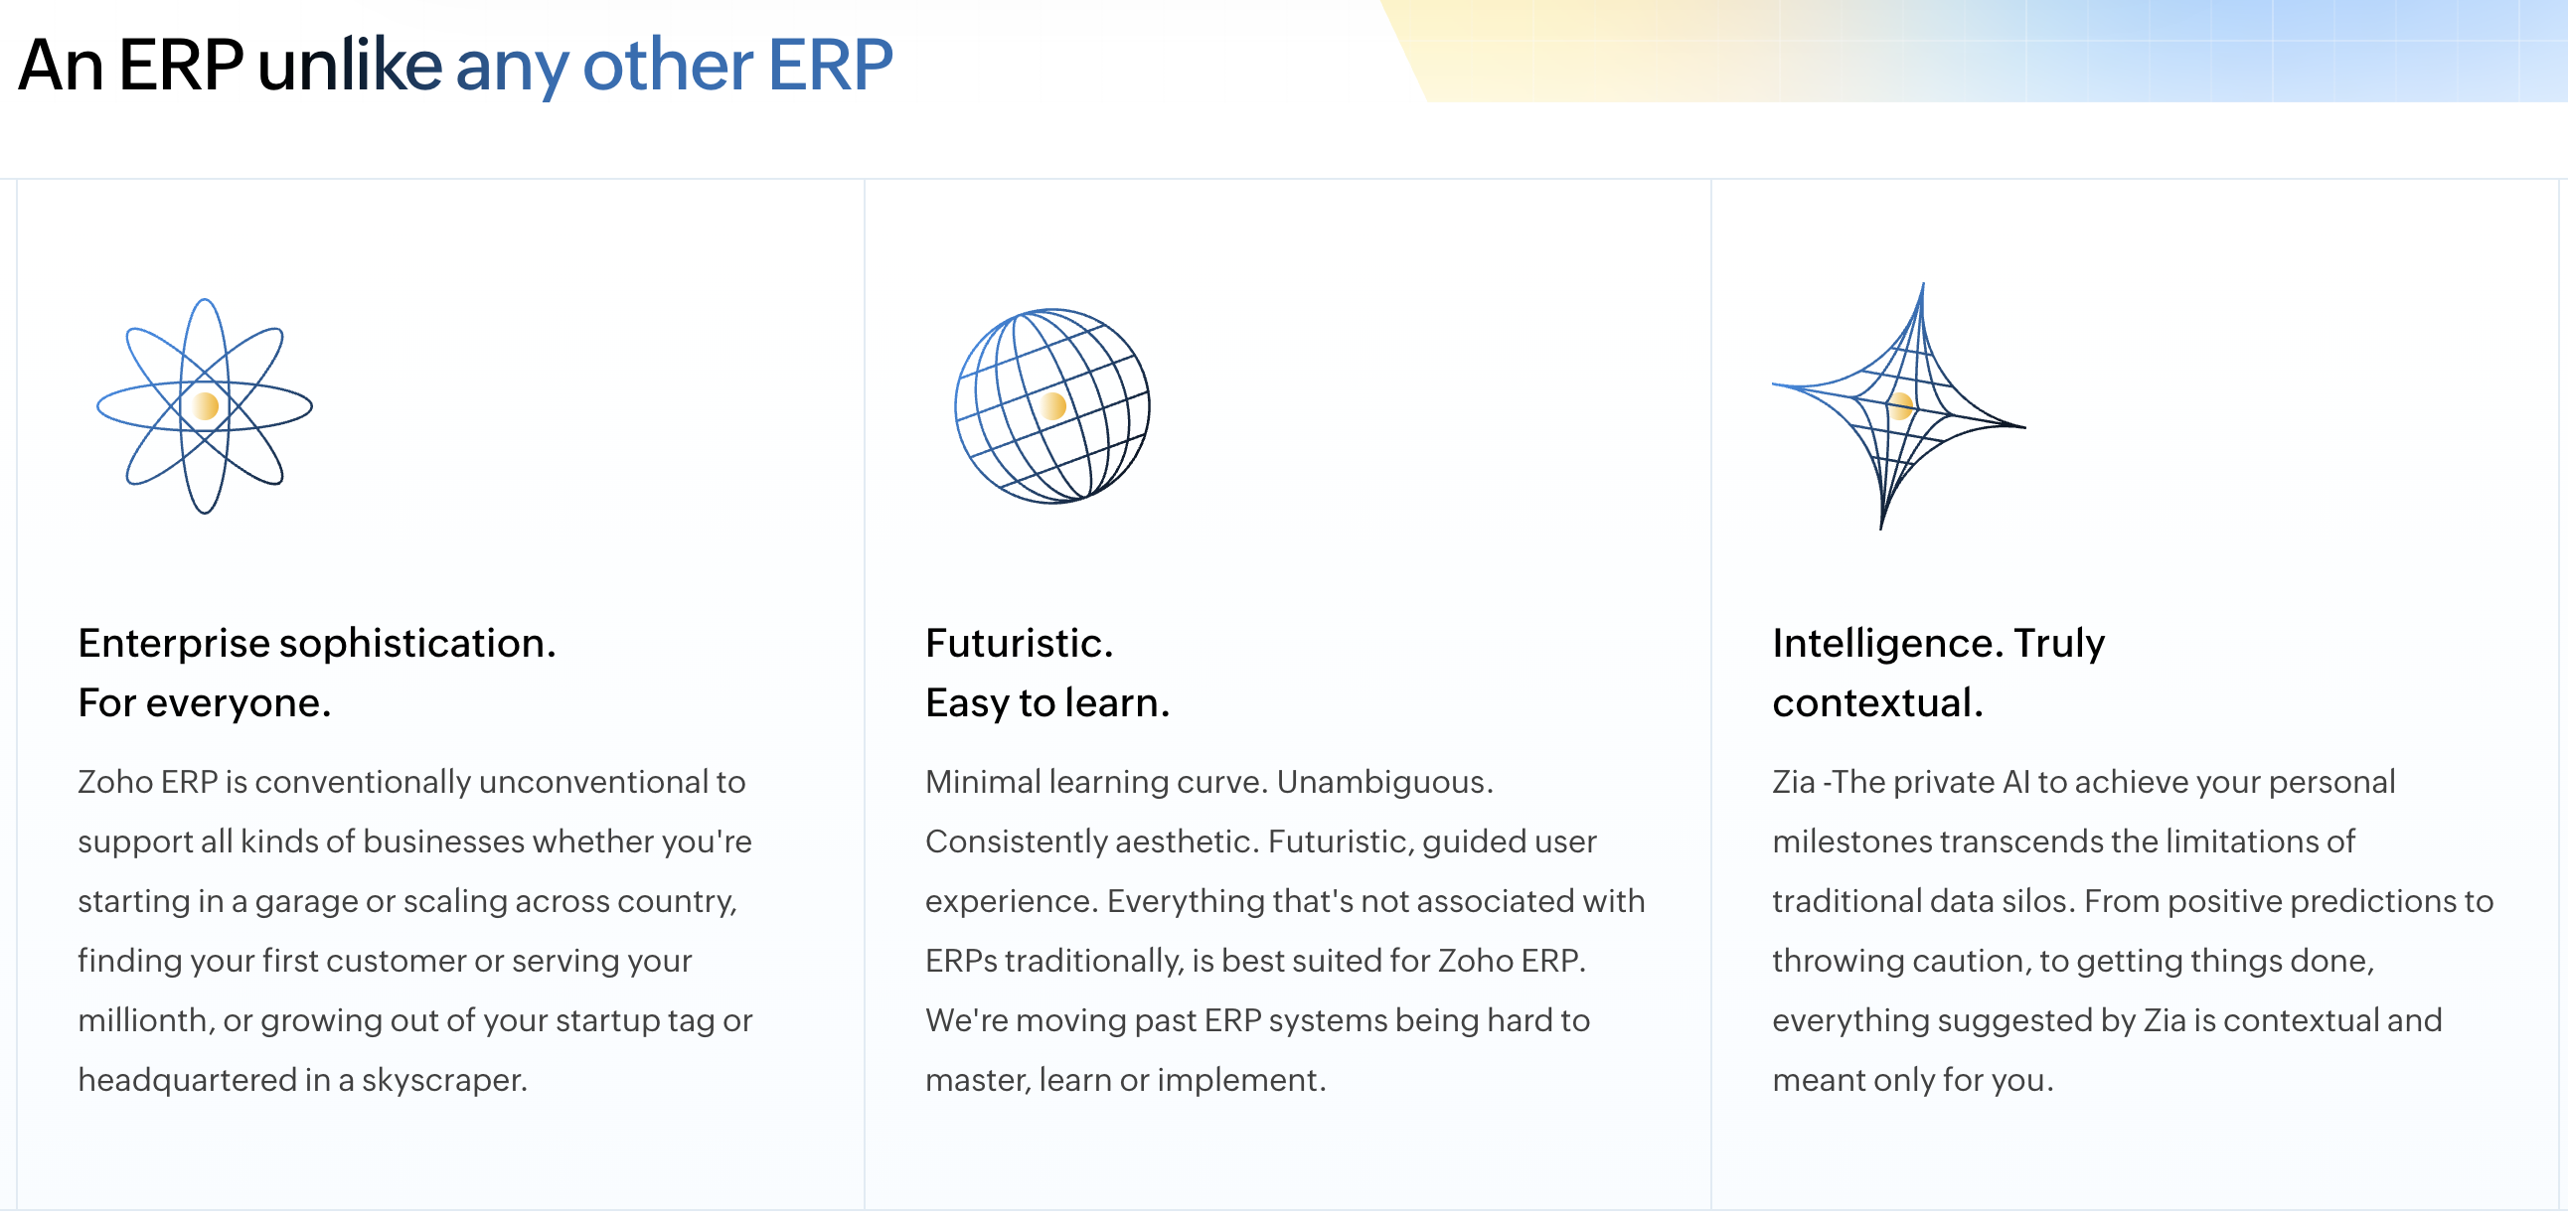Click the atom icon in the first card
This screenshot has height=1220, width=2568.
coord(205,405)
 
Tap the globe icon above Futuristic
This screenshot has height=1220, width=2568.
coord(1051,405)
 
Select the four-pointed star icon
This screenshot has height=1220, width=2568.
coord(1898,405)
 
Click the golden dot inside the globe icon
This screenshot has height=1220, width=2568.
coord(1052,405)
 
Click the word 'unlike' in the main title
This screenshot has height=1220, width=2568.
coord(349,66)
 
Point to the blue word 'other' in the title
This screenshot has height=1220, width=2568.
coord(667,66)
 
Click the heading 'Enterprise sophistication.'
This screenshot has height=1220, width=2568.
coord(316,644)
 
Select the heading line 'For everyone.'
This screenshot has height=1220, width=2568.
coord(204,703)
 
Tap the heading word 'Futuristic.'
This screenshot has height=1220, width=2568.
coord(1018,644)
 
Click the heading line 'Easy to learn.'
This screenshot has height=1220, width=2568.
coord(1045,703)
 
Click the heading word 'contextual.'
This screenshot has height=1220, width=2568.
coord(1876,703)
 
